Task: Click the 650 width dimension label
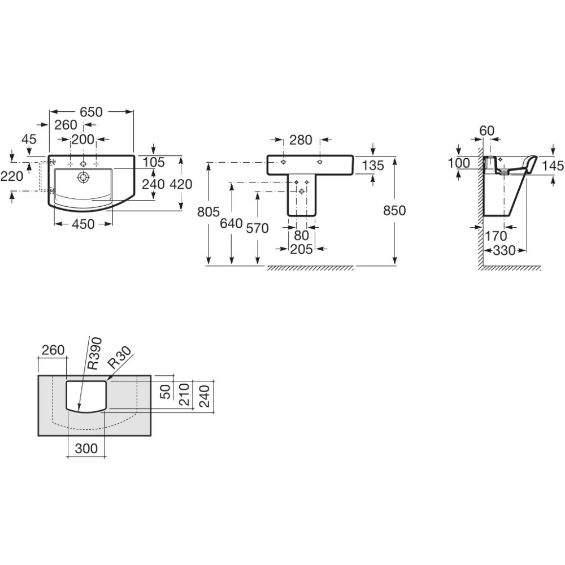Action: point(91,112)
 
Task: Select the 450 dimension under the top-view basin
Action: point(83,224)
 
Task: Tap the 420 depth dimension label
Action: point(181,184)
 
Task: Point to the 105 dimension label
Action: point(154,162)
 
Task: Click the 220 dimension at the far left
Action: point(12,176)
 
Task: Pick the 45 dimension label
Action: point(29,139)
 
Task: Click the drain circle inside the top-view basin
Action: point(83,177)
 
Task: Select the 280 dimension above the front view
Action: point(301,140)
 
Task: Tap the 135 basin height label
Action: point(373,166)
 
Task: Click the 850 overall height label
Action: point(394,210)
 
